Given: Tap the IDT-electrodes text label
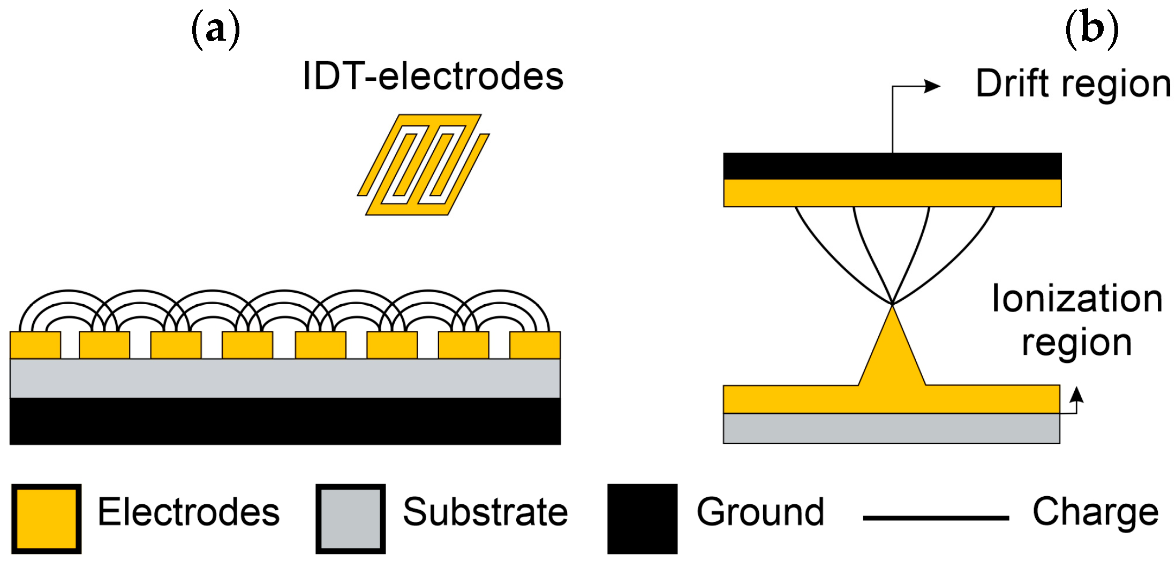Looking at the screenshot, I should (x=433, y=77).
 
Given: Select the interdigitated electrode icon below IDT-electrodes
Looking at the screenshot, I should (x=424, y=165).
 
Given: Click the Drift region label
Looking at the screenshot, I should (x=1073, y=84).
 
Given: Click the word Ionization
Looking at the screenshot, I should (x=1077, y=299).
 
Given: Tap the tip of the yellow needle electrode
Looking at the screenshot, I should (x=892, y=307).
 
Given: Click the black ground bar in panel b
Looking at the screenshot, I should (x=892, y=166).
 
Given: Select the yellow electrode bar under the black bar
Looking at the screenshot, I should (x=892, y=193).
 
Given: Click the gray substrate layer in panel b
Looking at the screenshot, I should (x=891, y=428).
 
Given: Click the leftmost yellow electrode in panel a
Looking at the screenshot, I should (x=35, y=345).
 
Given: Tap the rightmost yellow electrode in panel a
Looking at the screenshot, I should (x=534, y=345).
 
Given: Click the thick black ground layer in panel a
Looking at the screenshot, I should (x=285, y=421).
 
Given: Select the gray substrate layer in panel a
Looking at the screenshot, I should (x=285, y=378).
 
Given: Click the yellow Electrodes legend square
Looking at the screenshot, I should (x=46, y=518).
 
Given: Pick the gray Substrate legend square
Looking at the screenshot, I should (x=350, y=518).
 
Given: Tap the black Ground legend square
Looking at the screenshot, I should (x=642, y=518).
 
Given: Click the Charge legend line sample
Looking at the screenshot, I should (x=936, y=518).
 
